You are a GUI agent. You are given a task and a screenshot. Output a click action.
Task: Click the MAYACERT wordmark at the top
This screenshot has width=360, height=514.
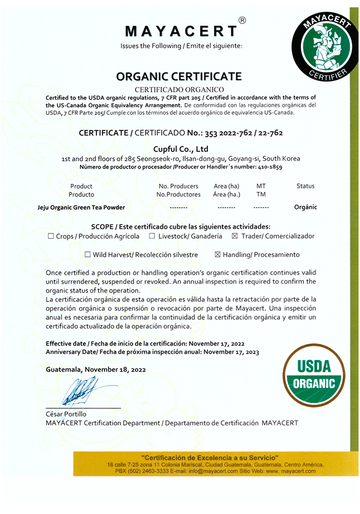click(180, 31)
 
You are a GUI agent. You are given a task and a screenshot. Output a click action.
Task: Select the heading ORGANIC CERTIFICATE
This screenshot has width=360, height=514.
click(179, 77)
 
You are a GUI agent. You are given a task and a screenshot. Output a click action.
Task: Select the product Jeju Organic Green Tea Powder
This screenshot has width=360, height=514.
click(81, 207)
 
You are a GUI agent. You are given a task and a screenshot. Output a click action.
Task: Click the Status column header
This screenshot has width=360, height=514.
click(305, 186)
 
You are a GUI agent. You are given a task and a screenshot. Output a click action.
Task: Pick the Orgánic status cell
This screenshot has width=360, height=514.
click(305, 207)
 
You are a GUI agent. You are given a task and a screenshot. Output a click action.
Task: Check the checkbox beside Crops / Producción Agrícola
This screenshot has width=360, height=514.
click(51, 236)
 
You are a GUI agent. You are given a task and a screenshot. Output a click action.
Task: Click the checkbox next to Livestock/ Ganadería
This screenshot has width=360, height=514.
click(152, 236)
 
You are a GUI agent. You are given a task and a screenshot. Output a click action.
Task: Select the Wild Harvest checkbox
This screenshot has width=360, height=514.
click(87, 255)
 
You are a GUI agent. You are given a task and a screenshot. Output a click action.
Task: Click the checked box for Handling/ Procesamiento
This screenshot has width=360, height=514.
click(217, 255)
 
